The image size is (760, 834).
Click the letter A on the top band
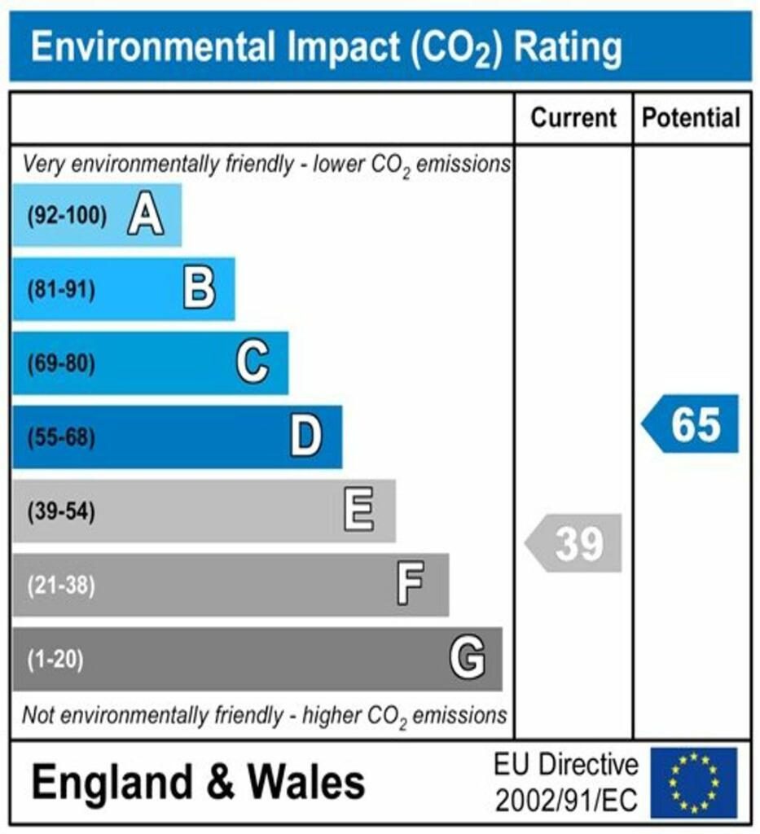[x=146, y=216]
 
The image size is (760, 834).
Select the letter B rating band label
[x=200, y=289]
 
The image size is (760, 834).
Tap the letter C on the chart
[x=253, y=363]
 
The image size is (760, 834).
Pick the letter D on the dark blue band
[x=306, y=437]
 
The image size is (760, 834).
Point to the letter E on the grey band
[x=359, y=511]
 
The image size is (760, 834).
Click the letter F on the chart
[x=411, y=585]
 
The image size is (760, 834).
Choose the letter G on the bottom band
[x=468, y=658]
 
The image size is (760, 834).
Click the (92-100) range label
[x=67, y=216]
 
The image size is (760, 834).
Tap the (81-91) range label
[x=61, y=290]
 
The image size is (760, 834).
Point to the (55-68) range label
[x=61, y=438]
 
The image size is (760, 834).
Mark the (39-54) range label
[x=61, y=512]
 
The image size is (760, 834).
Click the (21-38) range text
[x=61, y=586]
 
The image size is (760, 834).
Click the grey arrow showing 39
[x=574, y=543]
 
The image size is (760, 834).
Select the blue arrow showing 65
[x=692, y=424]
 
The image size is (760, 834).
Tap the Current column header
[x=573, y=118]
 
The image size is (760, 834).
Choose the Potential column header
[x=692, y=118]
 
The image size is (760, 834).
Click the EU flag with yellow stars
[x=693, y=783]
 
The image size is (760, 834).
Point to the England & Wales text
[x=198, y=783]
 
